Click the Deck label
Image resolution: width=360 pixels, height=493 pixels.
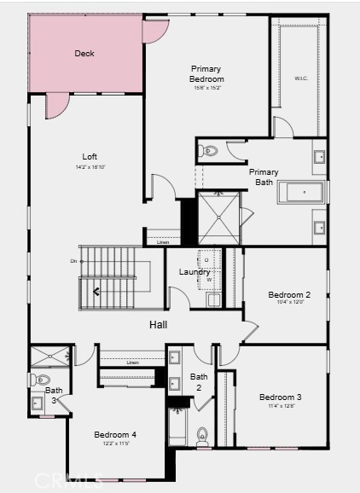click(x=84, y=54)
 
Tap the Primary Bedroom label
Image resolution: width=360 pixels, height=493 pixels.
click(x=206, y=74)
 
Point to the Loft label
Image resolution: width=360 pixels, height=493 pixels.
click(x=89, y=156)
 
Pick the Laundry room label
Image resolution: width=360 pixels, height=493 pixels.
click(x=194, y=272)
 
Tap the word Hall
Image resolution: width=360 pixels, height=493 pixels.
click(x=159, y=324)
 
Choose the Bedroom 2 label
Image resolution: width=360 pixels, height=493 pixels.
click(x=289, y=295)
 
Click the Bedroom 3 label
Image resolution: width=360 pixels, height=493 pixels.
click(x=281, y=397)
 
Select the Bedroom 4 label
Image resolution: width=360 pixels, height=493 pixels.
click(x=116, y=434)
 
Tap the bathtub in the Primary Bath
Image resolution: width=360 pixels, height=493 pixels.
click(x=301, y=192)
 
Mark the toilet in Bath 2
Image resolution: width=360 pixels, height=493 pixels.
click(x=203, y=435)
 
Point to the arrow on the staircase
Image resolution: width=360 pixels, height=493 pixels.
click(x=96, y=292)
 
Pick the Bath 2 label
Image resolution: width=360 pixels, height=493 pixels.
click(x=199, y=381)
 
